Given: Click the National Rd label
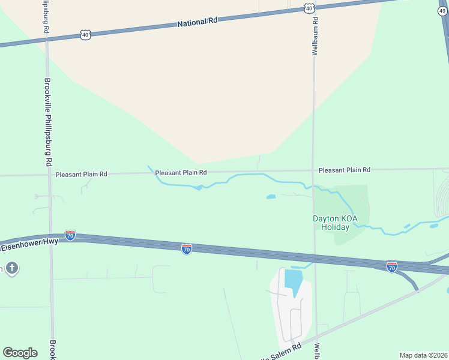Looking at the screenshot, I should (x=197, y=22).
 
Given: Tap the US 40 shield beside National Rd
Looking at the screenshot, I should (x=85, y=35).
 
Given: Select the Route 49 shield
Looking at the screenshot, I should (x=442, y=11).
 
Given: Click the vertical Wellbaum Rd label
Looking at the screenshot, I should (x=314, y=35).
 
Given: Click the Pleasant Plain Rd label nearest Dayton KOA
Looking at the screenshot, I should (x=344, y=170).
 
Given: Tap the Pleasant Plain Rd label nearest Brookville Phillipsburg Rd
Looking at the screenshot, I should (x=81, y=174).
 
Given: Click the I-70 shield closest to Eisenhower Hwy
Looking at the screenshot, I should (x=70, y=235).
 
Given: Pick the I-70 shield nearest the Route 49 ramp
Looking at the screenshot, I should (x=391, y=266).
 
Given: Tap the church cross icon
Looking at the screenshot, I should (x=11, y=267).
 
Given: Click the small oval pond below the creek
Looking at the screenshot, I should (x=271, y=196).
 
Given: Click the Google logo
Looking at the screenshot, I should (x=20, y=353).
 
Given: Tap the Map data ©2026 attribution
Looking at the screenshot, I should (x=423, y=355).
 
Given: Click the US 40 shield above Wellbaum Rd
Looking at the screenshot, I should (x=309, y=8).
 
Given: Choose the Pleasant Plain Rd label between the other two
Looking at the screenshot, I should (x=181, y=172).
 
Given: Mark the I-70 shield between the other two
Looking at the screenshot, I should (x=187, y=248).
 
